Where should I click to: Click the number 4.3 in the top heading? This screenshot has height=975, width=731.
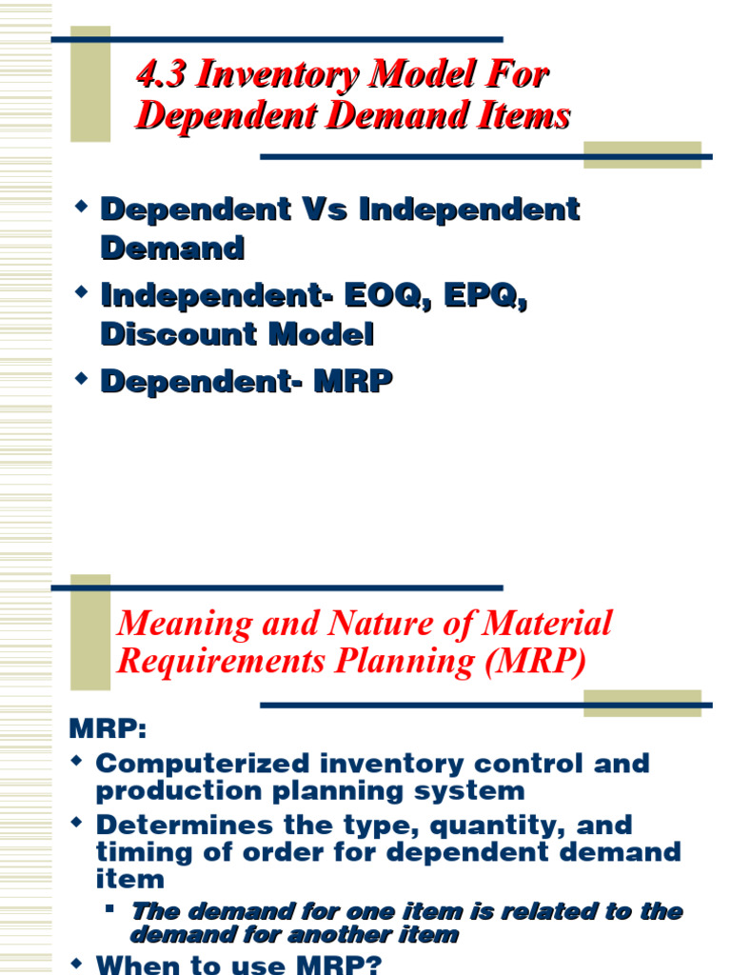[x=158, y=75]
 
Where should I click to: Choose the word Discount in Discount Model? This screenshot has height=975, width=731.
[x=167, y=334]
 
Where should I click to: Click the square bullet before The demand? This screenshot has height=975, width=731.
[x=110, y=908]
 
